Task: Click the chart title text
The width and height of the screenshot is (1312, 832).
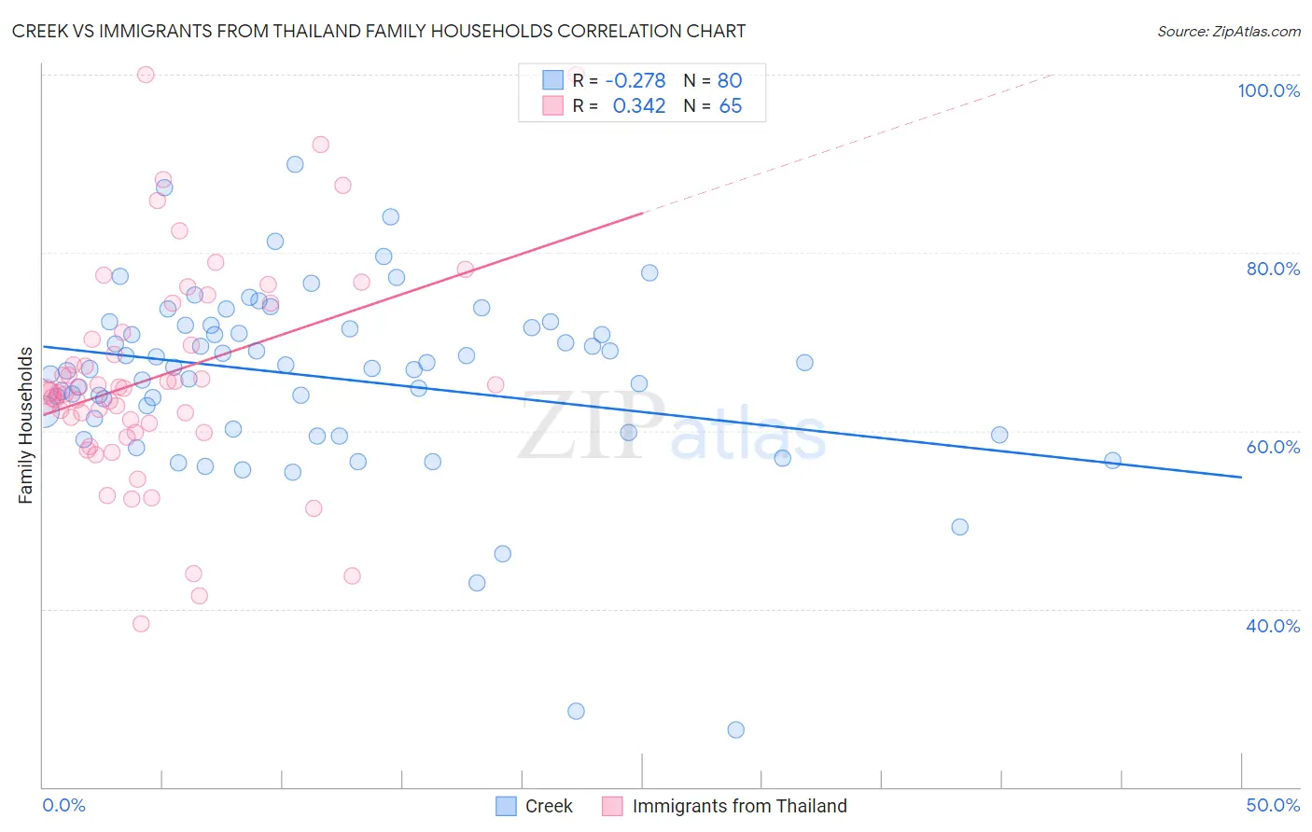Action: [x=379, y=31]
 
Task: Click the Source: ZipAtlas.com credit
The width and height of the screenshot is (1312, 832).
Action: [x=1228, y=31]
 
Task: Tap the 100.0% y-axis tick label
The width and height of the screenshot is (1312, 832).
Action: [x=1268, y=90]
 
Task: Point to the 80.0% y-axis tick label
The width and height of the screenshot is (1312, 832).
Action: [x=1273, y=269]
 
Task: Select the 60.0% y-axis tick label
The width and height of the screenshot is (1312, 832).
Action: [x=1273, y=447]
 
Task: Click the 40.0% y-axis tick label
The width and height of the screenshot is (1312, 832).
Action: [x=1273, y=626]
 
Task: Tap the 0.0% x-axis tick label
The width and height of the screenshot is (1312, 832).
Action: [x=63, y=805]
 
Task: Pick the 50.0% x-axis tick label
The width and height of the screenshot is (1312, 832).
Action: [x=1273, y=805]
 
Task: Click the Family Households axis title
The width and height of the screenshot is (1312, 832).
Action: [x=25, y=425]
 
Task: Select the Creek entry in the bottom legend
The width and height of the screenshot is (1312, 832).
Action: [x=548, y=806]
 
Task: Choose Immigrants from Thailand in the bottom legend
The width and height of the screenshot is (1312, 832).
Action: [x=739, y=806]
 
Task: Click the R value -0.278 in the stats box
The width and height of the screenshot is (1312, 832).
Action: [x=635, y=81]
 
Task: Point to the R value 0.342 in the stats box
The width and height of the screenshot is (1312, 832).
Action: [x=639, y=106]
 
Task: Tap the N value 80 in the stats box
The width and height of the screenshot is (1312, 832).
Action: [x=730, y=81]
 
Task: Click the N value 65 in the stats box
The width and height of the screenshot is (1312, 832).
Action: [x=730, y=106]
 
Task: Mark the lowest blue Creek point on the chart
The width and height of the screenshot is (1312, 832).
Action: [x=736, y=729]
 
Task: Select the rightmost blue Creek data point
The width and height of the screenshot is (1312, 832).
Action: [x=1112, y=460]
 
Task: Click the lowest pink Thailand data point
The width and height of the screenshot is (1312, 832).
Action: [x=141, y=623]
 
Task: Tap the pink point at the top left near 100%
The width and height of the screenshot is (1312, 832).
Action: [x=146, y=75]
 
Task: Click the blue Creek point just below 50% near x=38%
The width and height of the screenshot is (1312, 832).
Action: [x=959, y=527]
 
